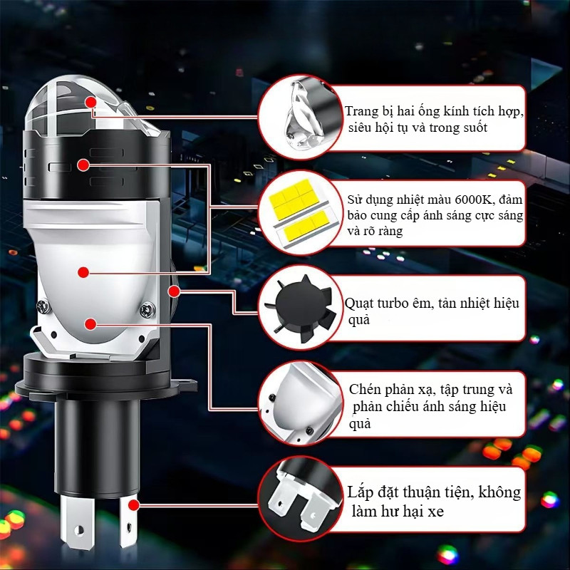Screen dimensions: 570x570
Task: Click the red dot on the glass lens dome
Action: click(x=91, y=102)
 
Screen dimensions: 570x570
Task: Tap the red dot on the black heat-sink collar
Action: click(x=83, y=165)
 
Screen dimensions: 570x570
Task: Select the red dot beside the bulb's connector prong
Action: click(x=134, y=505)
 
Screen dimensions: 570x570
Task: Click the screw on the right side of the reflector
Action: click(x=147, y=310)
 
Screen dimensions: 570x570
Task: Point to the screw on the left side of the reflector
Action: click(x=43, y=306)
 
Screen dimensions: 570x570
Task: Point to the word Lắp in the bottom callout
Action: click(x=360, y=493)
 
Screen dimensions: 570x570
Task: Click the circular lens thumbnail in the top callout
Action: click(x=300, y=117)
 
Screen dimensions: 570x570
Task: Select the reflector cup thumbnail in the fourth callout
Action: click(x=300, y=403)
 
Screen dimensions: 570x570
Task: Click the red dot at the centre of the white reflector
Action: click(x=83, y=272)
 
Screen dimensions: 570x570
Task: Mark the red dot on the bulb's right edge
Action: click(x=175, y=291)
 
